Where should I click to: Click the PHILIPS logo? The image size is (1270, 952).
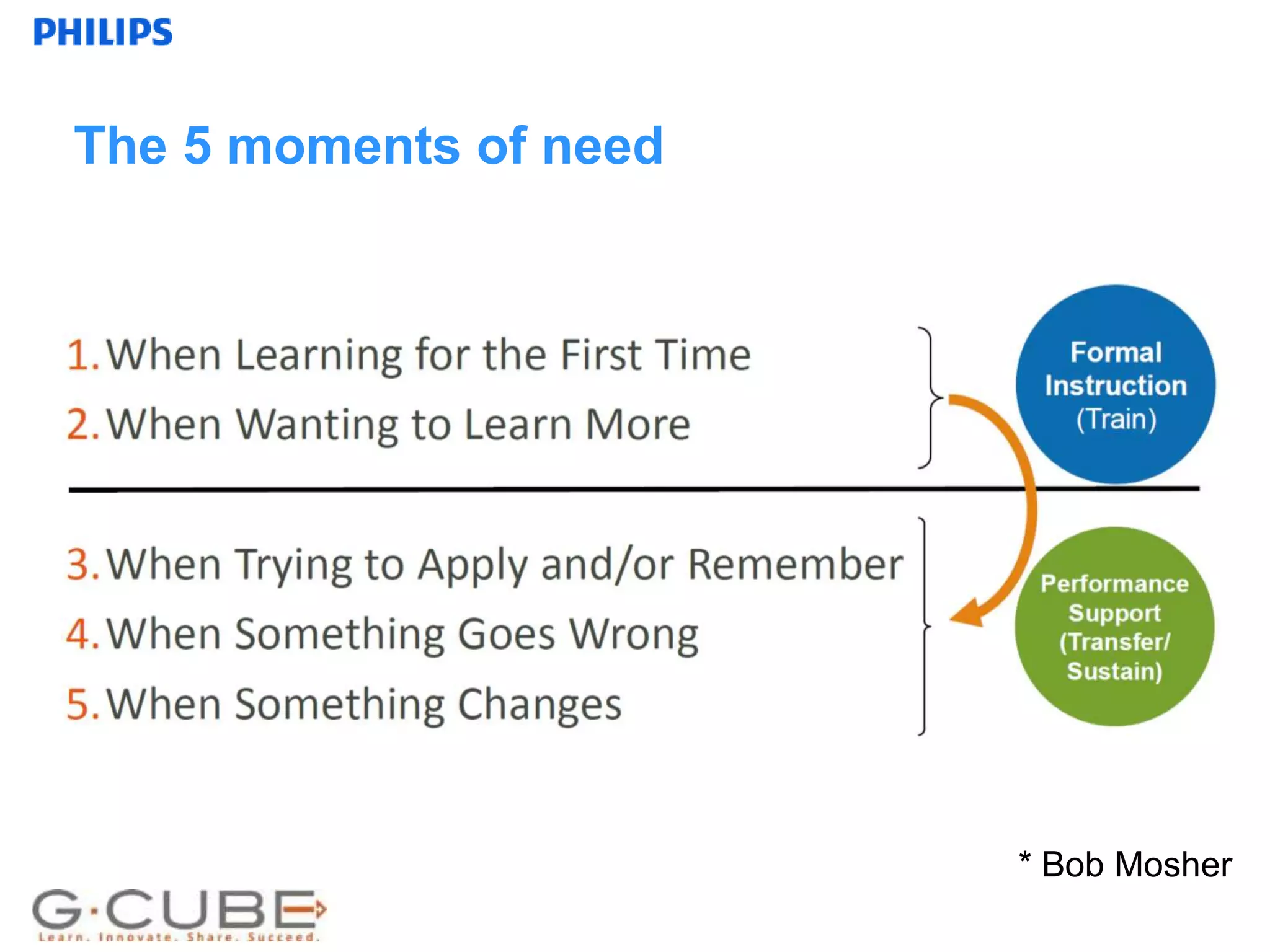[103, 32]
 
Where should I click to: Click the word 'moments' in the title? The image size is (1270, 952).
[343, 146]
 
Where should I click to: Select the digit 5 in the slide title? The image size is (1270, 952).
[197, 146]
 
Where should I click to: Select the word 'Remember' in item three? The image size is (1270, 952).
[796, 565]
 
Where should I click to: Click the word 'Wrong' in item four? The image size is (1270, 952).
[634, 635]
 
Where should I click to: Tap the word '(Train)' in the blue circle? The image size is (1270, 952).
[1116, 420]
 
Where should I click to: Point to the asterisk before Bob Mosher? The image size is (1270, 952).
[1024, 858]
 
